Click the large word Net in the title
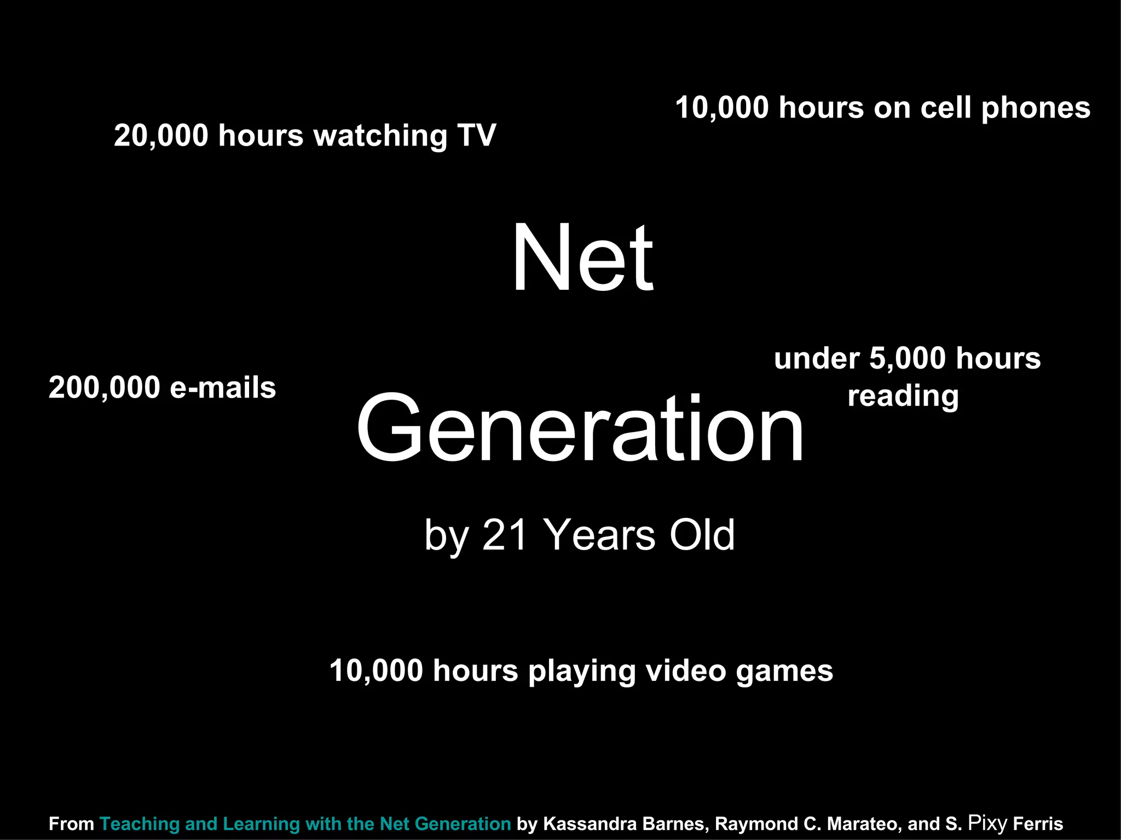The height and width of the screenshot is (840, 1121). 582,258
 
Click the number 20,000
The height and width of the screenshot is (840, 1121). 161,135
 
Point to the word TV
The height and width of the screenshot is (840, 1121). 477,135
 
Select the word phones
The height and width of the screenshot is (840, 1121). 1036,108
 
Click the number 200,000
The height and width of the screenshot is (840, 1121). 104,388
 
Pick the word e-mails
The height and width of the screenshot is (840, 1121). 223,388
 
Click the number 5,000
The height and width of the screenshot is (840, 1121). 908,359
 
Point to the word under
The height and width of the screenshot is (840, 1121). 817,360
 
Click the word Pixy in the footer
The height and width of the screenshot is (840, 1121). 987,822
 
